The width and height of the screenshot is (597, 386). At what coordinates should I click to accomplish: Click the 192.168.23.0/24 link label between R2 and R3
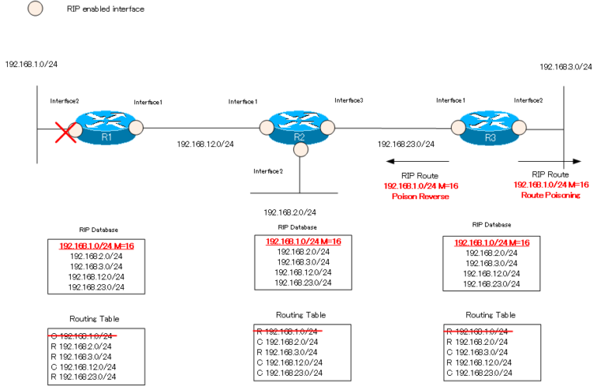click(x=406, y=144)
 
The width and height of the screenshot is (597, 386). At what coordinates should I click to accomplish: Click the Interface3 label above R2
click(x=349, y=100)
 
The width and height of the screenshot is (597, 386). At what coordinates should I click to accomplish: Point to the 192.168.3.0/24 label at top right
click(x=565, y=68)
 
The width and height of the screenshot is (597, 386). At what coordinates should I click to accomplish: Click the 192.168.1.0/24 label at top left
click(x=30, y=64)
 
